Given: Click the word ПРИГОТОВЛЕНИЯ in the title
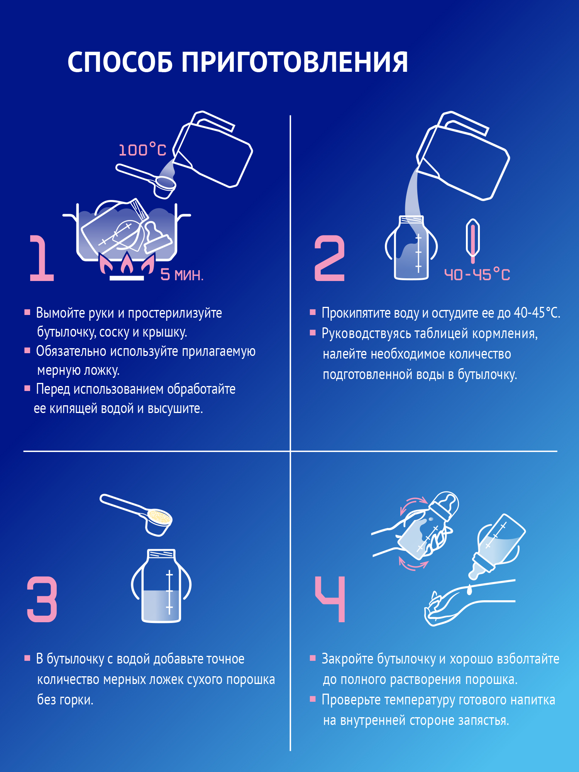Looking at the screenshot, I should (x=295, y=62).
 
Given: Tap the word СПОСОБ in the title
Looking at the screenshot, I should (x=120, y=62).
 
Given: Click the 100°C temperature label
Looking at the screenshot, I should (x=142, y=150).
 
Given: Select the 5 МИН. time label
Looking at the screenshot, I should (x=182, y=275).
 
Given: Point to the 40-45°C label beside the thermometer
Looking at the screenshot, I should (x=477, y=275).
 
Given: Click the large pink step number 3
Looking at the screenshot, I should (x=42, y=599).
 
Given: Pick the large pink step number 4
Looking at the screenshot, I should (x=330, y=599).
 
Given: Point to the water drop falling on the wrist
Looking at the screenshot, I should (x=470, y=589).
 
